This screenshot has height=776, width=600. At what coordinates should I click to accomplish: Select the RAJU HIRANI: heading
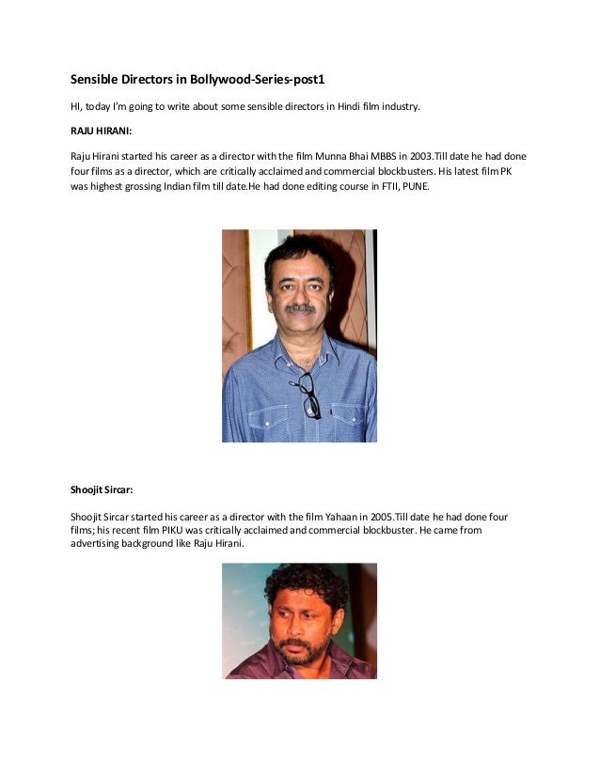(x=102, y=131)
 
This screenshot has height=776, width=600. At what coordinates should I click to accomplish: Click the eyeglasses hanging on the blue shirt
(x=308, y=394)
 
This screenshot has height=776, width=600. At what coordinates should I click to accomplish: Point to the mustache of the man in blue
(x=301, y=308)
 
